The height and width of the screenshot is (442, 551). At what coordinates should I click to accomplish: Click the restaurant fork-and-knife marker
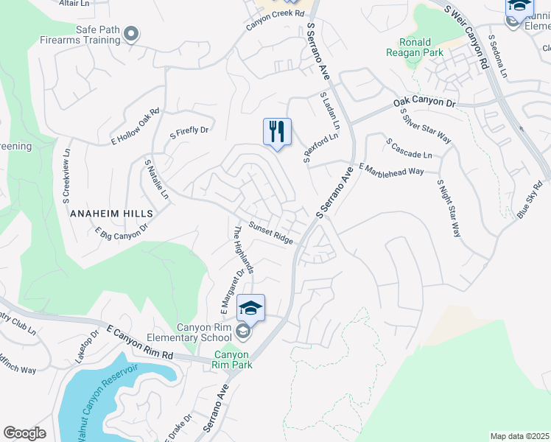pyautogui.click(x=277, y=132)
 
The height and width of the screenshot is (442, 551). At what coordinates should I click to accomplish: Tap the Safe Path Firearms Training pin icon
pyautogui.click(x=132, y=33)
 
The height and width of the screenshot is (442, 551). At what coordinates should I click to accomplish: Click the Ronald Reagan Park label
pyautogui.click(x=415, y=47)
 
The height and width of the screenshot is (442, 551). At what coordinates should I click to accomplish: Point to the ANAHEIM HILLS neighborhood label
pyautogui.click(x=111, y=213)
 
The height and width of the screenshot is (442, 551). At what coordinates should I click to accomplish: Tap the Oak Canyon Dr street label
pyautogui.click(x=425, y=103)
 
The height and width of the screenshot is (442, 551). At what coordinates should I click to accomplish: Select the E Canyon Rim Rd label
pyautogui.click(x=140, y=343)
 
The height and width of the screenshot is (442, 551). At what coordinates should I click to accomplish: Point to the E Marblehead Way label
pyautogui.click(x=391, y=169)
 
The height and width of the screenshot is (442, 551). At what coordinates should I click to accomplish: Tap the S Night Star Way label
pyautogui.click(x=449, y=208)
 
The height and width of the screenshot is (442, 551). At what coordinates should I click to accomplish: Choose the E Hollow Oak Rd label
pyautogui.click(x=136, y=129)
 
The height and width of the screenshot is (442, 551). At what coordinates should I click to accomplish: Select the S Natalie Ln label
pyautogui.click(x=157, y=180)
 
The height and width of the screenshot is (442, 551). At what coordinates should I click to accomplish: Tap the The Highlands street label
pyautogui.click(x=243, y=250)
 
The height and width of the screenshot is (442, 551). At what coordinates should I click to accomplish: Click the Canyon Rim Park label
pyautogui.click(x=232, y=359)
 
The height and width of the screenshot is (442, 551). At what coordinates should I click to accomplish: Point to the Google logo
pyautogui.click(x=24, y=433)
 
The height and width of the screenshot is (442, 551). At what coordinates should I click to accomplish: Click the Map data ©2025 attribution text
pyautogui.click(x=519, y=436)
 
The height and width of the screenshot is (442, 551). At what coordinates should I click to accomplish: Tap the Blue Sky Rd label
pyautogui.click(x=533, y=200)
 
